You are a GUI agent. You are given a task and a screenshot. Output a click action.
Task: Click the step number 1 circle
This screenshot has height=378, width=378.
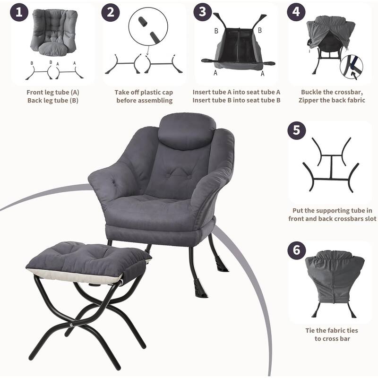[x=19, y=12]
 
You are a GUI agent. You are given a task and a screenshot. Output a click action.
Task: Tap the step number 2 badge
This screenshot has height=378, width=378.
[x=111, y=12]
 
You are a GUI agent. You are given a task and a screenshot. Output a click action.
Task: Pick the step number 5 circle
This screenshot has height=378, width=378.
[x=297, y=130]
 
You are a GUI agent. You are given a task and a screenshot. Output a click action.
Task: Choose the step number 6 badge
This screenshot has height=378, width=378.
[x=297, y=250]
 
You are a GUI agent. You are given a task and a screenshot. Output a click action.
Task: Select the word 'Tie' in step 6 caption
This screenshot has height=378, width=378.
[x=310, y=330]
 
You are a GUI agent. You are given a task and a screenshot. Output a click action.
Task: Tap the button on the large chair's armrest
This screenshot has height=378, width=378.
[x=113, y=181]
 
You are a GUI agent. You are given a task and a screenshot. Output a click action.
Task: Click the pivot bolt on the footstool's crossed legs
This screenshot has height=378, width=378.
[x=72, y=325]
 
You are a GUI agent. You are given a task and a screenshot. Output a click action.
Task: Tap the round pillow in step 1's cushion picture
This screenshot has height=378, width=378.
[x=52, y=49]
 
